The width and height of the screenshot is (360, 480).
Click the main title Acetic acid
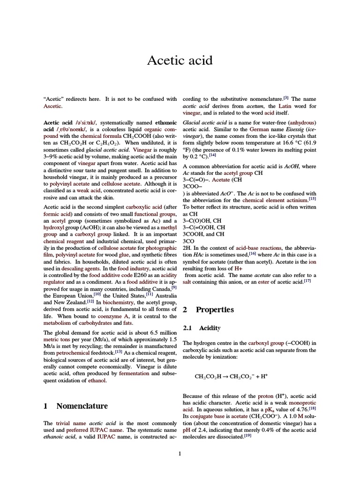(180, 60)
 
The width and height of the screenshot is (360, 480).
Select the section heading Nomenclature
(82, 405)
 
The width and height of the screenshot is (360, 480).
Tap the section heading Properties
(215, 309)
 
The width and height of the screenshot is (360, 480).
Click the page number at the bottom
(180, 453)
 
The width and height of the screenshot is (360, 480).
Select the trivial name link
(71, 423)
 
